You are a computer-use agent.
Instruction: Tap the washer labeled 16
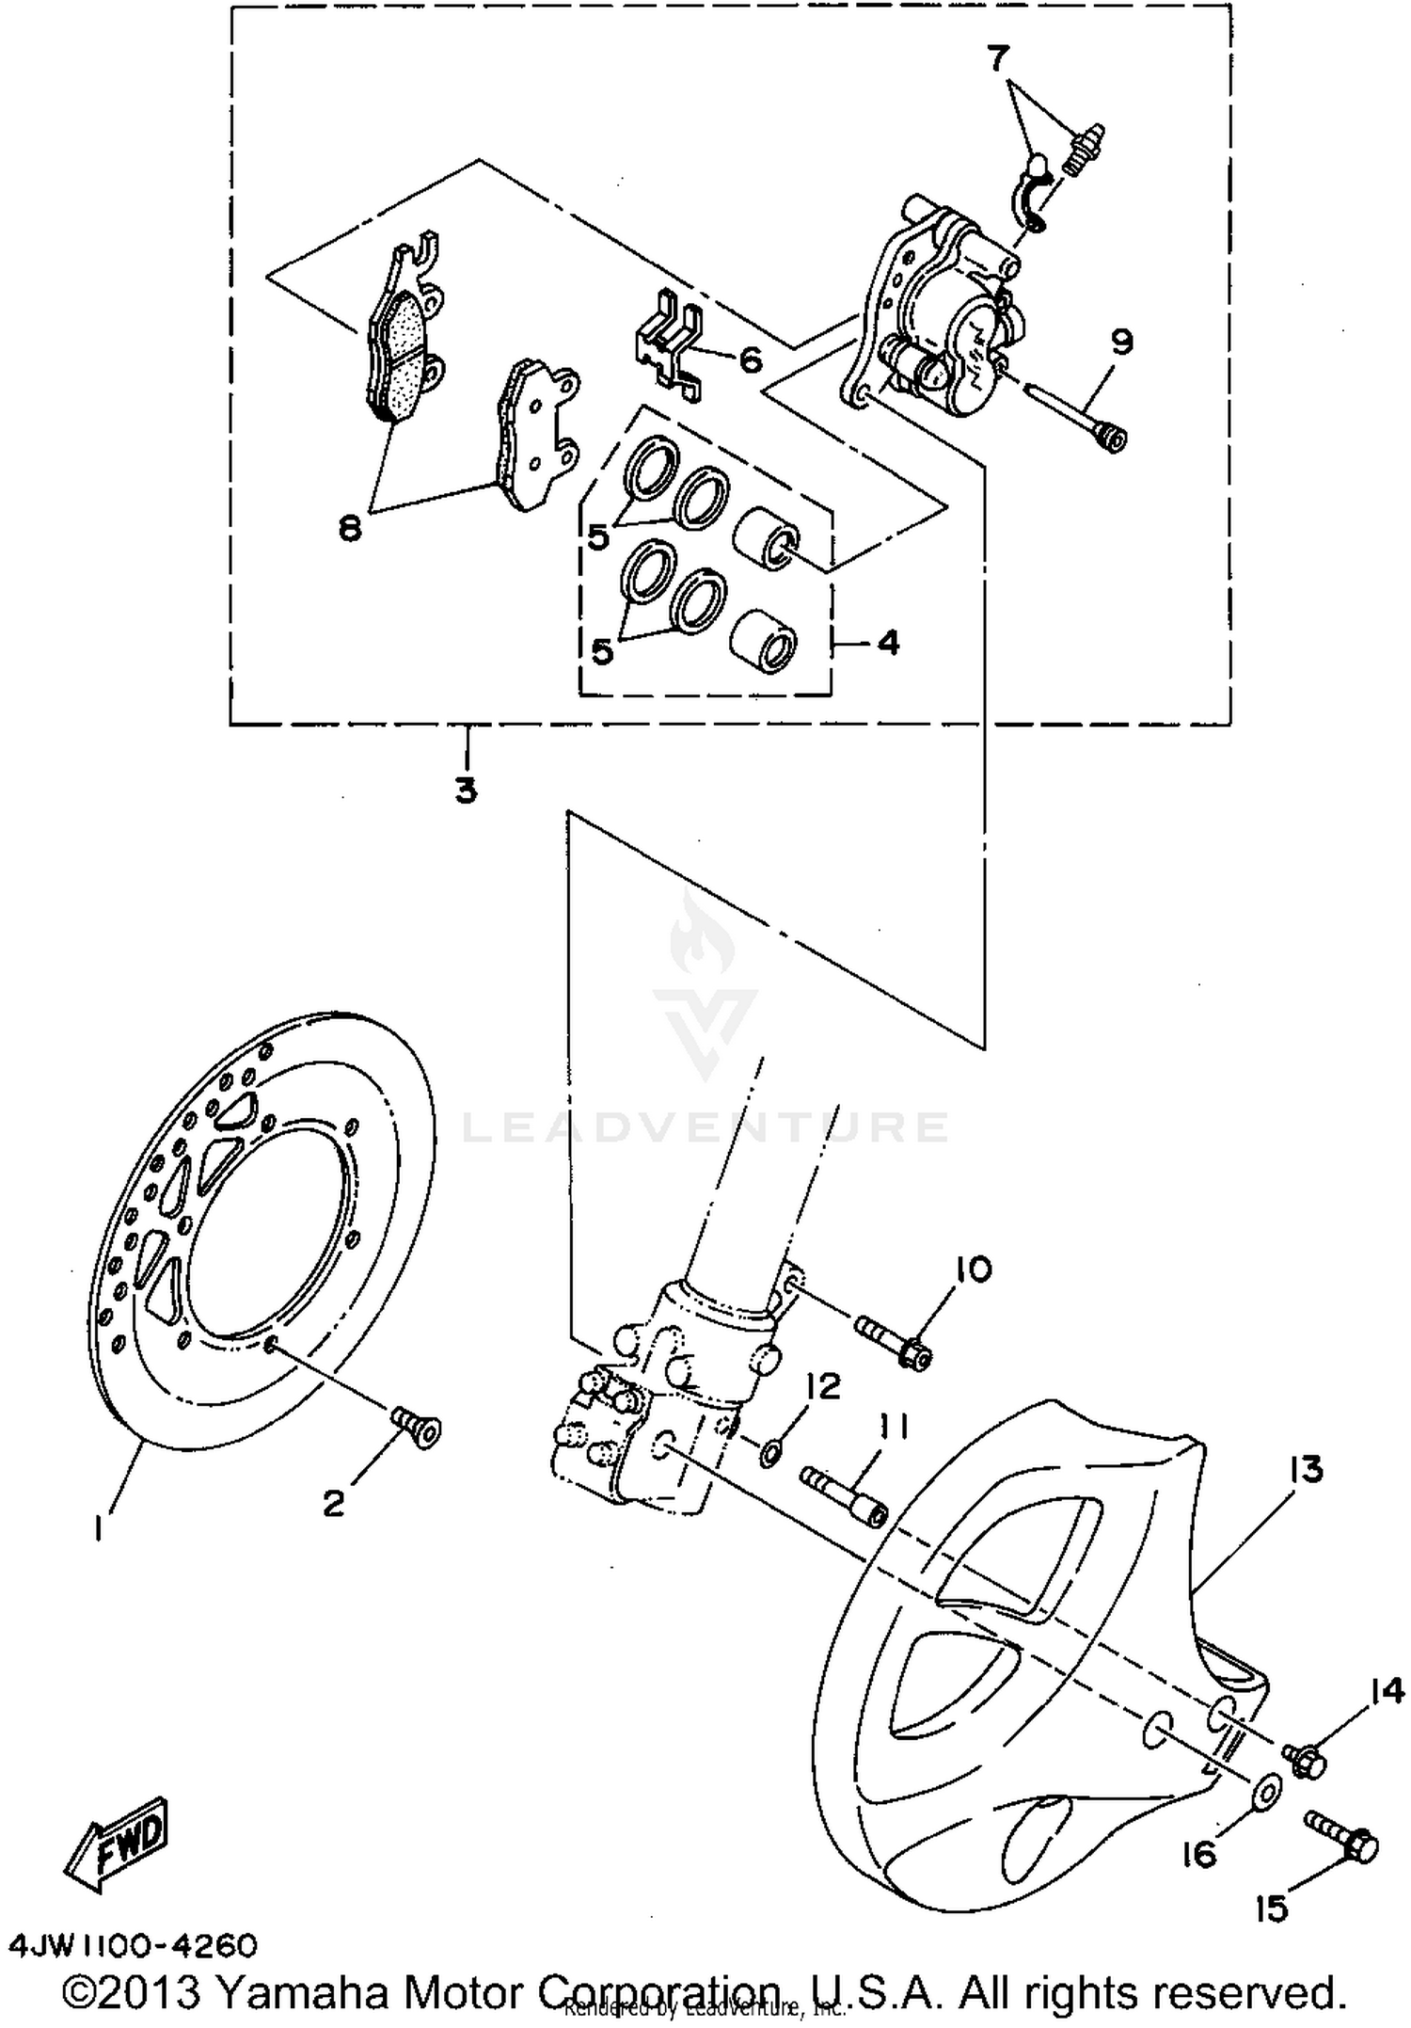click(1266, 1789)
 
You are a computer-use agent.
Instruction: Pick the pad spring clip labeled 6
click(670, 345)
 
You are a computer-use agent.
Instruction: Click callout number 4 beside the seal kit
click(888, 643)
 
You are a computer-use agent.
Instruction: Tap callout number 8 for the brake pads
click(349, 530)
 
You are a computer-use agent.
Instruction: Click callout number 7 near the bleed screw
click(997, 59)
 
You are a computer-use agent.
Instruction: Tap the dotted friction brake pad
click(403, 358)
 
